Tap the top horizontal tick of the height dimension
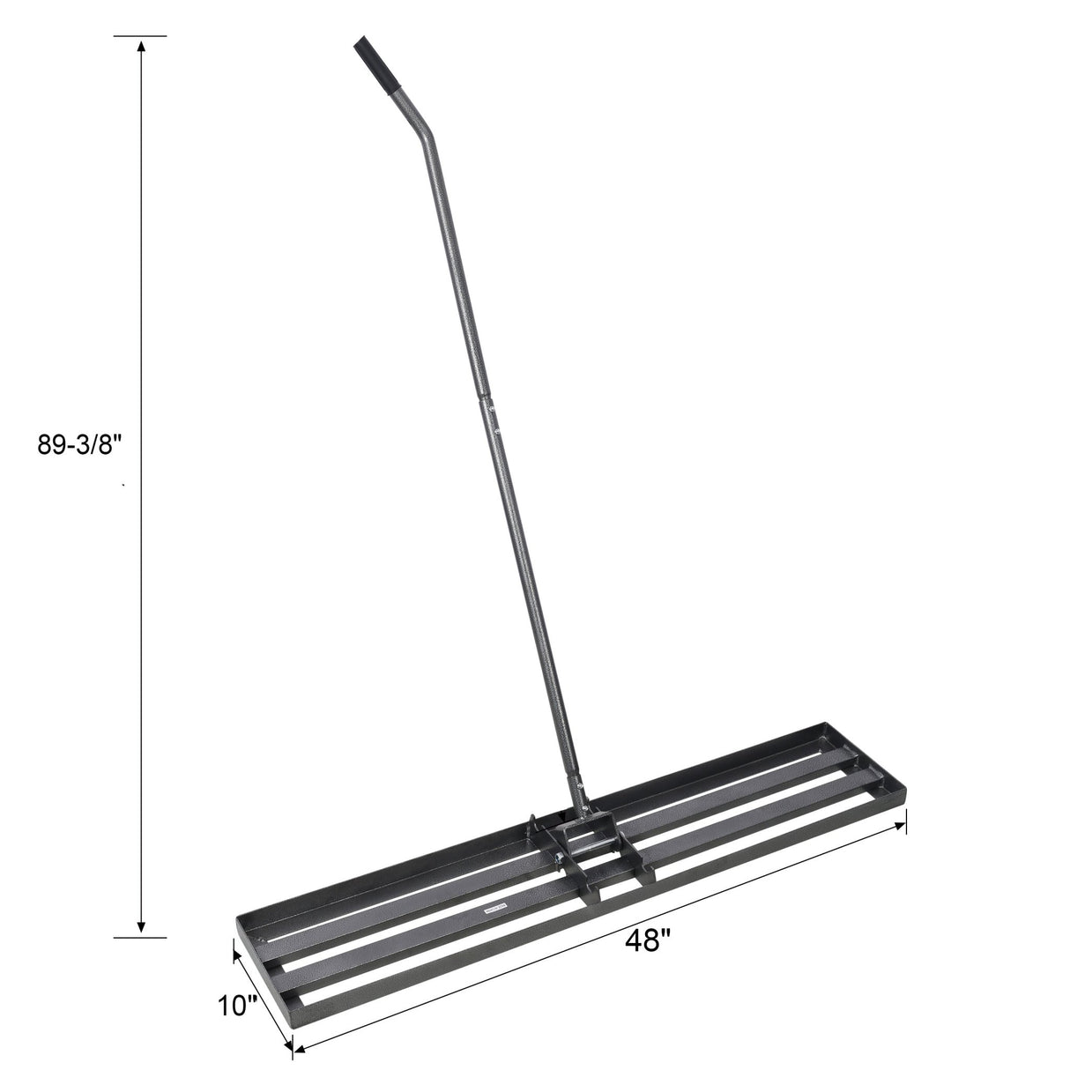(140, 36)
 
